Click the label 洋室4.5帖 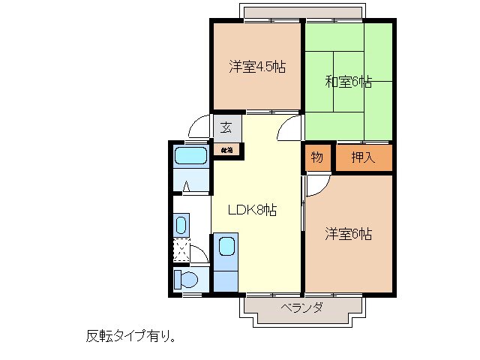click(256, 67)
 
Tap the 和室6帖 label click(349, 81)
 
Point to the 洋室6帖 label click(349, 233)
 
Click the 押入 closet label click(364, 158)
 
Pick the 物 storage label click(317, 157)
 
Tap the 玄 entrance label click(226, 126)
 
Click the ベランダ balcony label click(302, 308)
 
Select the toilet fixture click(185, 280)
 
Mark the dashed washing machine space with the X click(181, 250)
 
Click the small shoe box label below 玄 click(226, 150)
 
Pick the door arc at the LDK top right click(288, 129)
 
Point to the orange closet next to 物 click(364, 158)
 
